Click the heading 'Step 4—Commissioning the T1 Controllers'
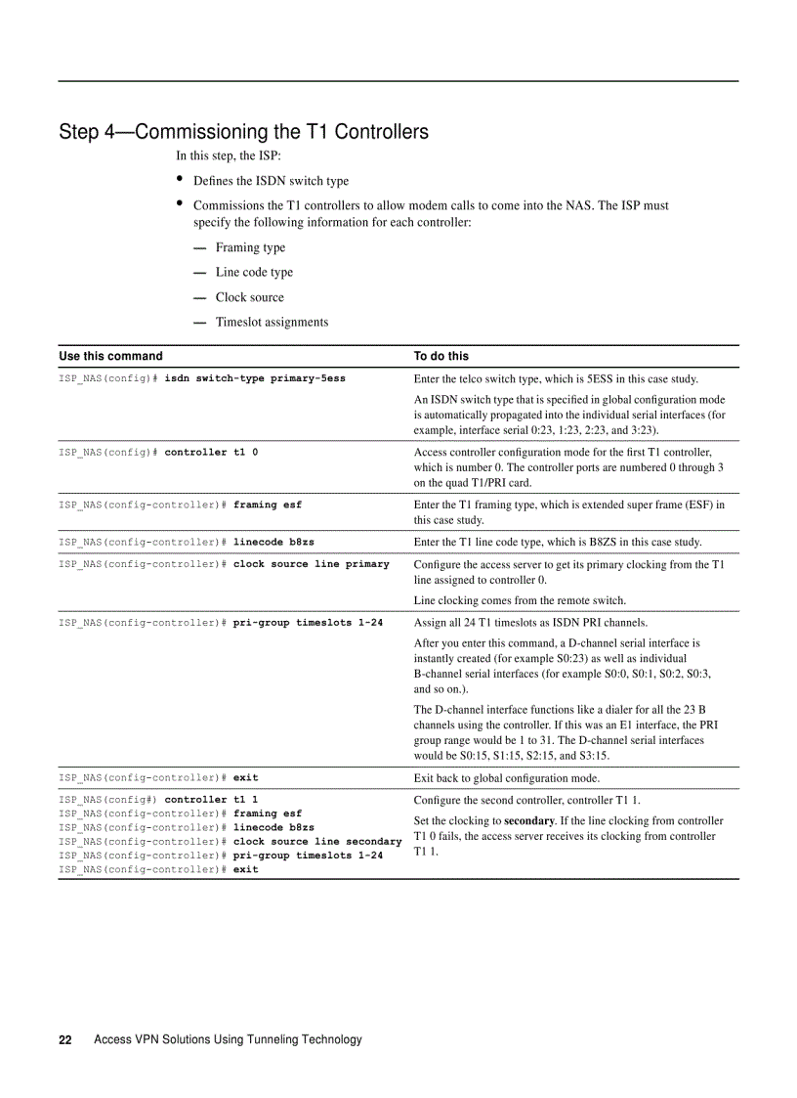[243, 131]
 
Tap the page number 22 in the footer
[65, 1039]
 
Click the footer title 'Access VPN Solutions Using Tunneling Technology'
[228, 1039]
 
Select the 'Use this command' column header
[110, 356]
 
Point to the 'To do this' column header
[441, 356]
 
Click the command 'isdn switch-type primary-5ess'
[255, 377]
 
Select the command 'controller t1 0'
[211, 452]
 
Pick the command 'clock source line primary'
[311, 563]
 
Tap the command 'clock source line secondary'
[317, 841]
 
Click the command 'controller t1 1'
[211, 799]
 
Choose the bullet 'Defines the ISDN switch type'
[271, 181]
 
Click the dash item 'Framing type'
[250, 247]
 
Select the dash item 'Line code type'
[254, 272]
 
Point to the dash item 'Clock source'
[249, 297]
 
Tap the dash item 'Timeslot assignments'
[272, 322]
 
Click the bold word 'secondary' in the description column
[529, 820]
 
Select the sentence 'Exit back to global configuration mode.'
[507, 778]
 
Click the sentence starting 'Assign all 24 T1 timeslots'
[517, 622]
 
